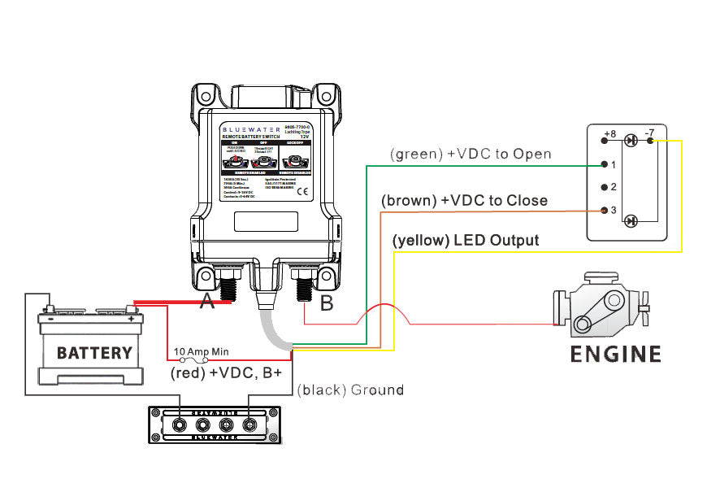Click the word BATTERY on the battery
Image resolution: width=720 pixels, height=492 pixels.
[x=94, y=353]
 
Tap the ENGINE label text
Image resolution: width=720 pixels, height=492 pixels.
[x=615, y=355]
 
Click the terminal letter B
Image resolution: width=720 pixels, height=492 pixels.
[x=327, y=305]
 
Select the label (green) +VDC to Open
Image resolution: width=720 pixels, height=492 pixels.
[x=471, y=154]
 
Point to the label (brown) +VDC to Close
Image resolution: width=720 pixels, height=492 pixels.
[x=464, y=200]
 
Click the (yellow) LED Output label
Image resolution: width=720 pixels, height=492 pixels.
[x=466, y=241]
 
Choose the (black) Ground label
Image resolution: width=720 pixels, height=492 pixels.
[x=350, y=390]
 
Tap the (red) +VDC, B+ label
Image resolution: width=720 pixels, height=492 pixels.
[x=227, y=374]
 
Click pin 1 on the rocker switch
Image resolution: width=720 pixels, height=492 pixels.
[x=604, y=164]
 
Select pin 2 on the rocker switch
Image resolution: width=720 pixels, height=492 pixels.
[x=604, y=187]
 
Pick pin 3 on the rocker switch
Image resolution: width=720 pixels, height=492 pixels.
[x=604, y=211]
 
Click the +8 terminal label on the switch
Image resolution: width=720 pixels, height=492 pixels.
[x=610, y=133]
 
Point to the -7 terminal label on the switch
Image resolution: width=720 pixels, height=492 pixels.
[x=649, y=133]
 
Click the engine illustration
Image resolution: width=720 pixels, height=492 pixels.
[x=601, y=307]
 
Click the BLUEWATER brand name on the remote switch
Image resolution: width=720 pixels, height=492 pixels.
[x=249, y=128]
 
